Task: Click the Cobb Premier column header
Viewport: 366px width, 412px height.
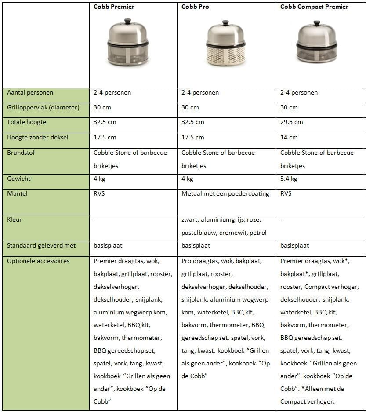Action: pyautogui.click(x=114, y=7)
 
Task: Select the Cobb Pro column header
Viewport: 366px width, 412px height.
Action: pyautogui.click(x=196, y=7)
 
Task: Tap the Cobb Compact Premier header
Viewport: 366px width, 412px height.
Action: pyautogui.click(x=314, y=7)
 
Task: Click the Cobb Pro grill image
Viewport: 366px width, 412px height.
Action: pyautogui.click(x=225, y=44)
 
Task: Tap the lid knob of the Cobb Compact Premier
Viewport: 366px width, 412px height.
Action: pyautogui.click(x=316, y=22)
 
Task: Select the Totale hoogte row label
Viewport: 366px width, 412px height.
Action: pyautogui.click(x=26, y=122)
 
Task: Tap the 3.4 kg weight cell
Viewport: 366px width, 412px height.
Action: pyautogui.click(x=289, y=179)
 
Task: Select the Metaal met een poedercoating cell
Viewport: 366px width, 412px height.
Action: pyautogui.click(x=225, y=193)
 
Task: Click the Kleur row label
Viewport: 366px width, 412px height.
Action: pyautogui.click(x=14, y=219)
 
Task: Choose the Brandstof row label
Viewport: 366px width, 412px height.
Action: pyautogui.click(x=20, y=153)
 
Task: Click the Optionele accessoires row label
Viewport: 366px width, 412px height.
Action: pyautogui.click(x=38, y=261)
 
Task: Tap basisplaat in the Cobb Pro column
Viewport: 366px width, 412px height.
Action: pyautogui.click(x=196, y=245)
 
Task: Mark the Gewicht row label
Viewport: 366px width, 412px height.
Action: pyautogui.click(x=19, y=179)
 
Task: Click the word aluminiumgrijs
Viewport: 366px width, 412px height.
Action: pyautogui.click(x=223, y=219)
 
